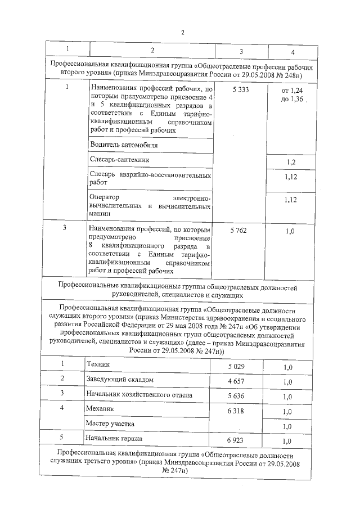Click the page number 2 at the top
(x=182, y=31)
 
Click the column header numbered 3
(x=241, y=52)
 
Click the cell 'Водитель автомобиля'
(x=118, y=145)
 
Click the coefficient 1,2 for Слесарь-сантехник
(x=291, y=162)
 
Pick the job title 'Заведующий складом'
(x=119, y=380)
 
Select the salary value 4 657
(x=236, y=381)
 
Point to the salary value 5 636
(x=236, y=396)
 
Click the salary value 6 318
(x=236, y=412)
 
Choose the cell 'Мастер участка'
(x=110, y=424)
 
